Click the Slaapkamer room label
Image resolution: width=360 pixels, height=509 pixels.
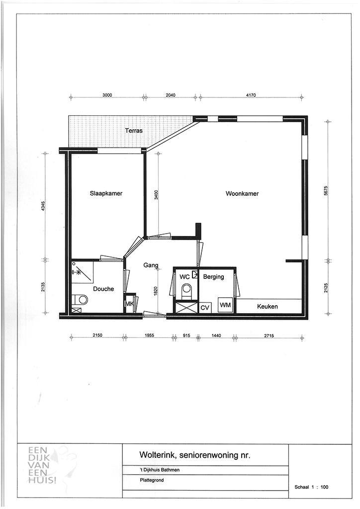coord(106,193)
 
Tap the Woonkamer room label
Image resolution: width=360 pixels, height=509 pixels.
coord(242,194)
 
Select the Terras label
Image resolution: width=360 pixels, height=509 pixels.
coord(134,131)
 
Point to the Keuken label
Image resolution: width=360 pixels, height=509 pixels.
coord(268,306)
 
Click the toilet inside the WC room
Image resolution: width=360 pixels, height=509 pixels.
coord(186,290)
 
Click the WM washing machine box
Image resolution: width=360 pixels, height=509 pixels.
coord(225,305)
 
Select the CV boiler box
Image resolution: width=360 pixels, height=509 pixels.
coord(205,307)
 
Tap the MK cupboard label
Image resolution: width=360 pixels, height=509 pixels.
coord(129,304)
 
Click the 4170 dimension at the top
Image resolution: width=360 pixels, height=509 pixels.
coord(251,95)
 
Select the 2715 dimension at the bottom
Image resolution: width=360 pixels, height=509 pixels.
coord(269,336)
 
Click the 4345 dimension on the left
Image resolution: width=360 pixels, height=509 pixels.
coord(43,207)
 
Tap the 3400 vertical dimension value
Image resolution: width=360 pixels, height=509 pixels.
coord(156,195)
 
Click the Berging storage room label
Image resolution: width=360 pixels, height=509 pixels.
coord(214,277)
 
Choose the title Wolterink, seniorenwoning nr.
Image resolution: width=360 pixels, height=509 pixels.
coord(195,455)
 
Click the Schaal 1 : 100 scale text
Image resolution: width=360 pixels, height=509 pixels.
coord(311,487)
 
